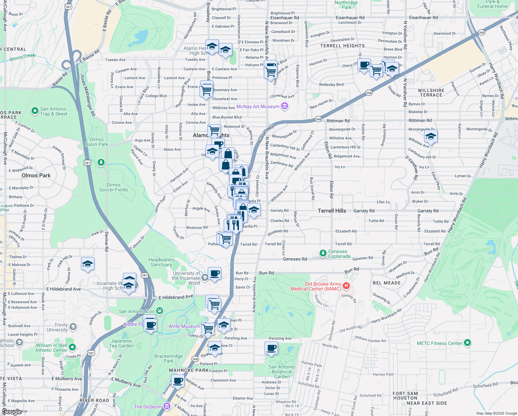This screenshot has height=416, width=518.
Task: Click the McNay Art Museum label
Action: point(258,106)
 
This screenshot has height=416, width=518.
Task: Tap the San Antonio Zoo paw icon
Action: point(160,311)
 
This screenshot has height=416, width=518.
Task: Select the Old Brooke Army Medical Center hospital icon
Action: point(346,286)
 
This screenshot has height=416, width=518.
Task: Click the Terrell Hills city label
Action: point(332,211)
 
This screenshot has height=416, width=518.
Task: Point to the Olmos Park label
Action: point(36,175)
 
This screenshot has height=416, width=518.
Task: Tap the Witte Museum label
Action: point(184,326)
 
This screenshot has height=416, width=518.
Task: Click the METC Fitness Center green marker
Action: point(467,343)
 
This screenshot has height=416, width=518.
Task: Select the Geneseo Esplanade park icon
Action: point(323,253)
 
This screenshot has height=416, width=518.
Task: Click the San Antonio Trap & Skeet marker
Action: point(35,111)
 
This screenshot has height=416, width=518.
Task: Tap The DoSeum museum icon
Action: point(167,406)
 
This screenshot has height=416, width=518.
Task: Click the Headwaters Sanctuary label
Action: point(161,262)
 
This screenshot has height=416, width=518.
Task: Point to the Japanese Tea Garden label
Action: point(121,343)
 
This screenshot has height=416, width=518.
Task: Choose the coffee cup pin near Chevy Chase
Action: point(364,65)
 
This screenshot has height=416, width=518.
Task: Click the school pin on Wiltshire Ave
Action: point(430,136)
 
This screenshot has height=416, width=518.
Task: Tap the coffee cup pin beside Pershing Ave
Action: point(271,348)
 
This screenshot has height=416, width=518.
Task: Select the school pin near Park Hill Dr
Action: point(88,264)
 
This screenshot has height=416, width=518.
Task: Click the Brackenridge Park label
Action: point(169,358)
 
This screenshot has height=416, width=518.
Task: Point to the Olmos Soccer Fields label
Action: point(113,187)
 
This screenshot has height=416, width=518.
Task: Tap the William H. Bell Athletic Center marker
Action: point(72,347)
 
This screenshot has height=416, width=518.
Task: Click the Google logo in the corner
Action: point(12,411)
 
